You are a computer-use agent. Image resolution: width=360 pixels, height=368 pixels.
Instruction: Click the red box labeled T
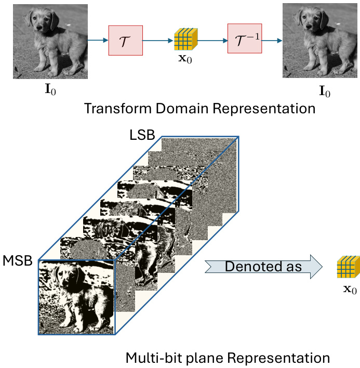pyautogui.click(x=126, y=40)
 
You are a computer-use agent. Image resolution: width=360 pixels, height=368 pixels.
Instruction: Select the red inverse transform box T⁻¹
pyautogui.click(x=244, y=40)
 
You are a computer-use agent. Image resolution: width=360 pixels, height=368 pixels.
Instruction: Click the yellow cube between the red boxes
pyautogui.click(x=185, y=40)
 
